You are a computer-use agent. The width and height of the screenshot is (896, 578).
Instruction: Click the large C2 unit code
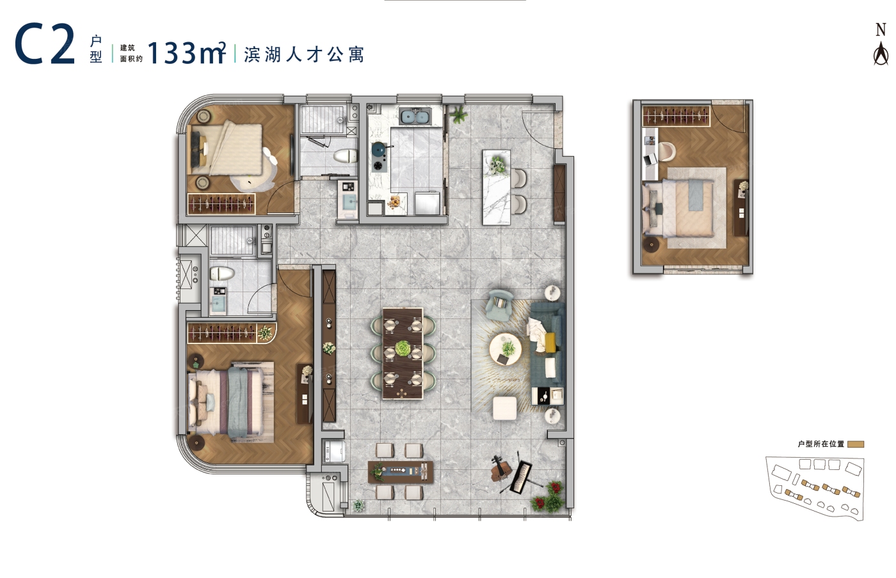45,43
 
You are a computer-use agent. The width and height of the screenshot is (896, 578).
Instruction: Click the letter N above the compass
881,30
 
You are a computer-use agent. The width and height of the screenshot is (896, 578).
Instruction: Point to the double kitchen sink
415,116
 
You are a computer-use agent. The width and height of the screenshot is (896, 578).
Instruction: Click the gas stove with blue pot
379,157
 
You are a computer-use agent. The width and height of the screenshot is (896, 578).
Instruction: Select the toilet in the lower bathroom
222,274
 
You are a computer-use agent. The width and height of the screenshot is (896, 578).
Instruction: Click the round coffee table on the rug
506,349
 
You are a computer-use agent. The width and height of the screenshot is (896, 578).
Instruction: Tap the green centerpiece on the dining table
403,348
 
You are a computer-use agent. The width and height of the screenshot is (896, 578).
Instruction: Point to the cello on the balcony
500,470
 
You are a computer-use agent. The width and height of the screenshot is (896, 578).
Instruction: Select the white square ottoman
505,408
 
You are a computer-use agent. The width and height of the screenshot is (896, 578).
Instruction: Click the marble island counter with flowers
497,187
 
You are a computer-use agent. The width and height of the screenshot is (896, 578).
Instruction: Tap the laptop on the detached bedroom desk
650,160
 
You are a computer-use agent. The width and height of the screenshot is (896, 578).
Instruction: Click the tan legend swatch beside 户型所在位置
856,444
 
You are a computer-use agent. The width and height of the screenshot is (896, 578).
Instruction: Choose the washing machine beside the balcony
334,451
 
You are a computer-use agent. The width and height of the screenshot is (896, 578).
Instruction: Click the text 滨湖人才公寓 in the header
304,55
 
